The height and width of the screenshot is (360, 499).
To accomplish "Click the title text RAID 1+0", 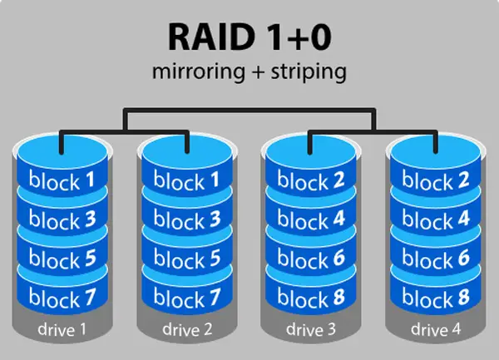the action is [249, 37].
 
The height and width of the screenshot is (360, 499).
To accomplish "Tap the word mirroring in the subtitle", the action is [199, 72].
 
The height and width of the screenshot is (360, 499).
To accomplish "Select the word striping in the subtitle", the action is [309, 72].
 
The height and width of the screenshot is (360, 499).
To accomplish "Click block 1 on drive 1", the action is [62, 180].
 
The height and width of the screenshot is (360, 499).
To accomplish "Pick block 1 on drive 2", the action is [187, 180].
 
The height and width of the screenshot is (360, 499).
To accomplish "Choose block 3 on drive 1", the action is [62, 219].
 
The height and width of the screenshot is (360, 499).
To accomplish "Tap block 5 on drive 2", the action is [187, 258].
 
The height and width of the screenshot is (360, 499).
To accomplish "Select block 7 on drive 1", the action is [62, 297].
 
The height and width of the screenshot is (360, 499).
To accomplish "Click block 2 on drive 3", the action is [311, 180].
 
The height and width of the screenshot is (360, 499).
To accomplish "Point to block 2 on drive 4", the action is [436, 180].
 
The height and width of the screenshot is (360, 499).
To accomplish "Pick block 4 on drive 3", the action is [311, 219].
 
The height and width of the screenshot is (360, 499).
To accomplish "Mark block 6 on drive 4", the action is [436, 258].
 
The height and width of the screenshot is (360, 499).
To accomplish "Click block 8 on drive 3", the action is [311, 297].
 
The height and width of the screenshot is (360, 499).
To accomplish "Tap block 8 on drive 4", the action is [436, 297].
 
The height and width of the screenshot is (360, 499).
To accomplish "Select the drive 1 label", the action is [62, 329].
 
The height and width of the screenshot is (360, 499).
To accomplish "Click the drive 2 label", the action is [187, 329].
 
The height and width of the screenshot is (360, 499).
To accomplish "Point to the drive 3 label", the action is [311, 329].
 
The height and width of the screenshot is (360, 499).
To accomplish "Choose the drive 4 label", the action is [436, 329].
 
